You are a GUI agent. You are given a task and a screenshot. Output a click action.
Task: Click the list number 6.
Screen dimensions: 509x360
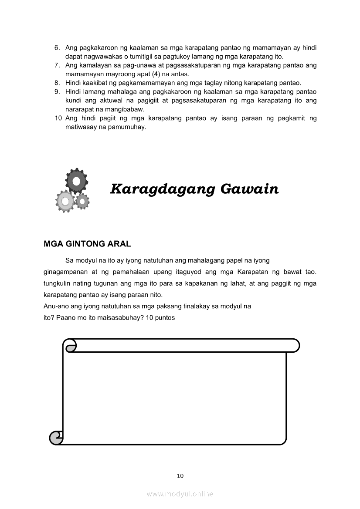tap(57, 47)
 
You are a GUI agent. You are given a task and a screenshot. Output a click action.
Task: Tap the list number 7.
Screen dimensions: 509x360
tap(57, 65)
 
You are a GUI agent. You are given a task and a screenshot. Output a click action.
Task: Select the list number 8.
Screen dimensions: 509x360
tap(57, 83)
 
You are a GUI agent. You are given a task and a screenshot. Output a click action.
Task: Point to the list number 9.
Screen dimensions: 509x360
tap(57, 92)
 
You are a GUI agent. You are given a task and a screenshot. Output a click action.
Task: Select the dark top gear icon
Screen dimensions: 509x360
tap(76, 180)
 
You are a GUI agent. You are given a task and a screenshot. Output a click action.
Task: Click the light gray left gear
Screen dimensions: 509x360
tap(65, 201)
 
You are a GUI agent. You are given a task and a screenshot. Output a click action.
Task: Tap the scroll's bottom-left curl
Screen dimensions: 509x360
tap(56, 437)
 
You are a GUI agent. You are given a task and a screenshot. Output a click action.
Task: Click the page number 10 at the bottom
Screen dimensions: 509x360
tap(180, 475)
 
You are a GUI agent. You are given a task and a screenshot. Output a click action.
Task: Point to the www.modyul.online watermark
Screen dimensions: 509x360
tap(180, 494)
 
